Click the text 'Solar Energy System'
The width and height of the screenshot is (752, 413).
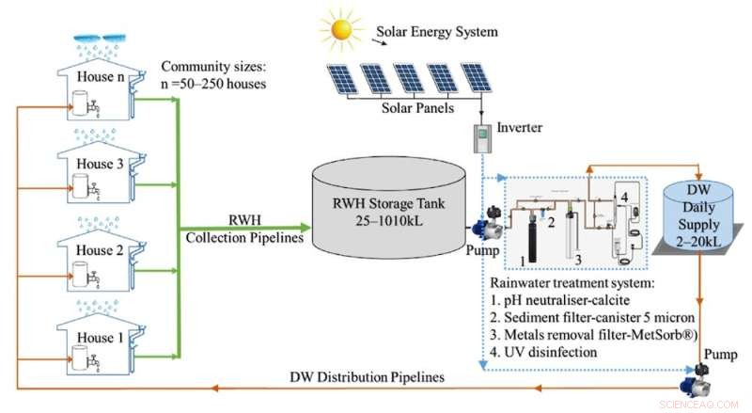[437, 31]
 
